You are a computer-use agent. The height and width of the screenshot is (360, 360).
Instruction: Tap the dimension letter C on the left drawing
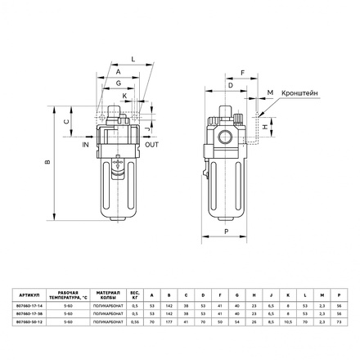[65, 122]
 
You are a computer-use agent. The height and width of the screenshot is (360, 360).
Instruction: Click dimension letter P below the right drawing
[226, 232]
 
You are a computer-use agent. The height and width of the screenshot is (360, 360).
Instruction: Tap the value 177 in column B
[168, 321]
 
